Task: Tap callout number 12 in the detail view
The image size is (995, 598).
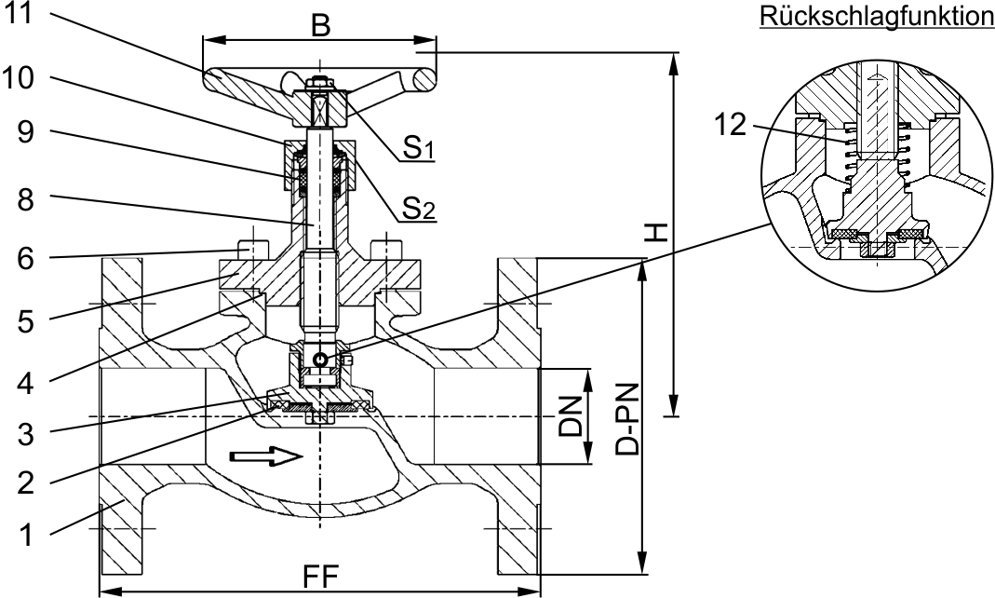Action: pyautogui.click(x=733, y=125)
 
